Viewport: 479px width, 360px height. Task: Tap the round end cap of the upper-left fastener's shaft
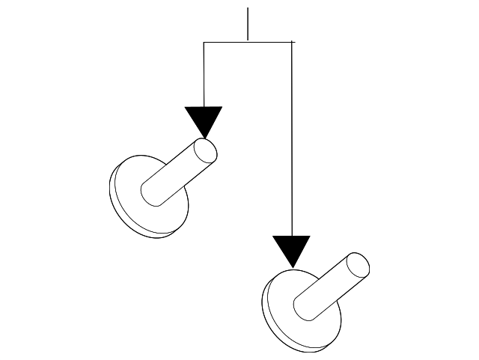(206, 150)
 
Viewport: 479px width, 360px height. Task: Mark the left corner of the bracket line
(204, 43)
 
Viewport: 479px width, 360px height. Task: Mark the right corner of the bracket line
(291, 43)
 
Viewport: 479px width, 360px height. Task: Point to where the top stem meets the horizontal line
(248, 43)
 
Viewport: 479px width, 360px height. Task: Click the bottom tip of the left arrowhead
(204, 138)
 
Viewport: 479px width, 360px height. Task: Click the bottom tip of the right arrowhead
(291, 267)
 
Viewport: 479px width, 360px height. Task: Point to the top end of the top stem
(248, 9)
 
